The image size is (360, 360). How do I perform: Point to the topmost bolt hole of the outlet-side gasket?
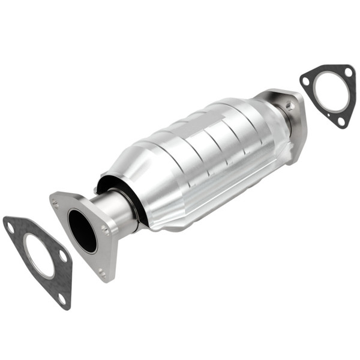click(x=348, y=73)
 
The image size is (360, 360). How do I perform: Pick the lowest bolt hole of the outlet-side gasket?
click(x=341, y=121)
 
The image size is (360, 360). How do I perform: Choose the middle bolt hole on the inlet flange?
click(x=106, y=229)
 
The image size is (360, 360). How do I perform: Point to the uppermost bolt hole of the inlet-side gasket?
click(x=10, y=226)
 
